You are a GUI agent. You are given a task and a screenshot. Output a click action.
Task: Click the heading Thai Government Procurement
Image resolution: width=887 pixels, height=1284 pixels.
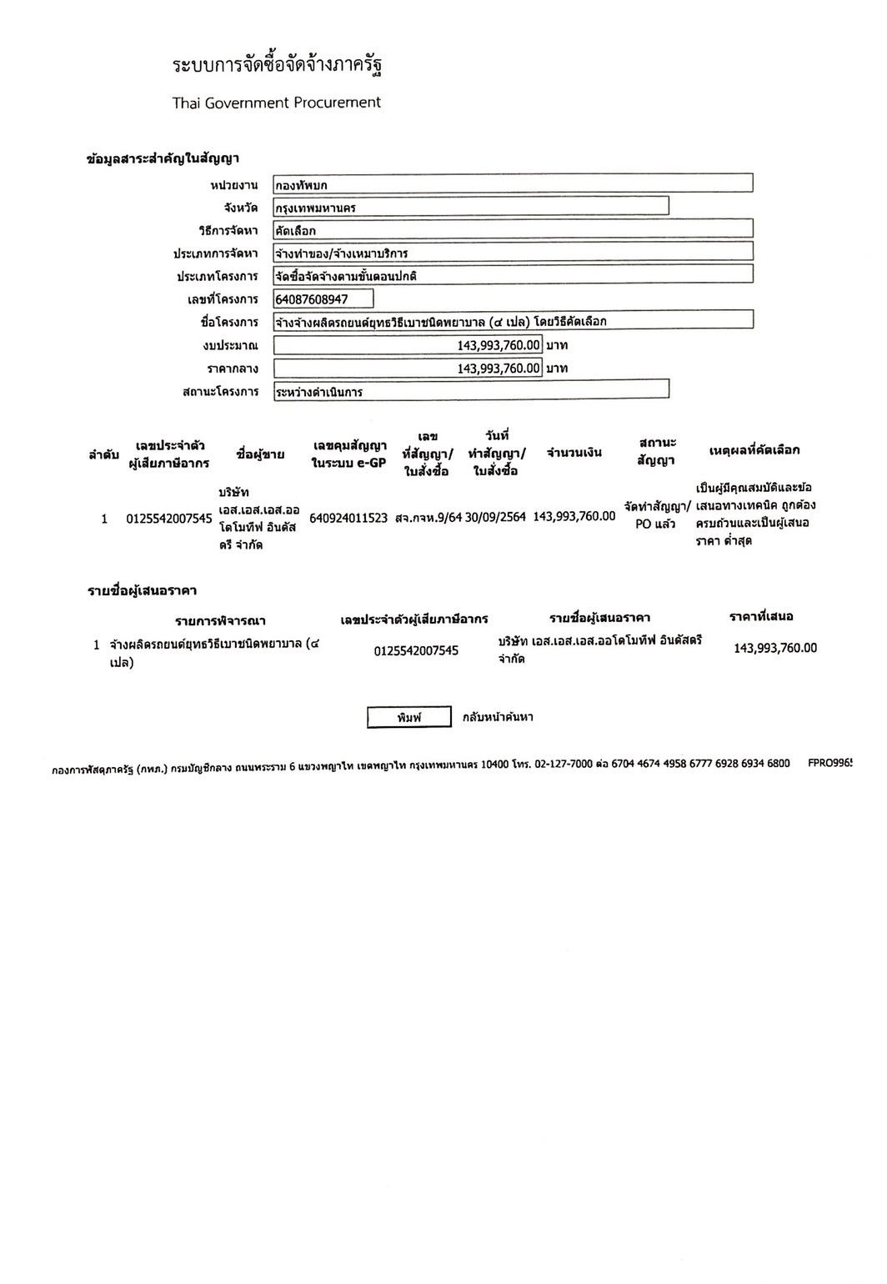coord(276,103)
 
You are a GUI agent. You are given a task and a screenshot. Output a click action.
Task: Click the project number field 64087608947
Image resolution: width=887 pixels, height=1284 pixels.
coord(323,298)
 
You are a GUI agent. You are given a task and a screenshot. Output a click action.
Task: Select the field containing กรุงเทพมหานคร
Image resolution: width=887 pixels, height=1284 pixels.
coord(471,207)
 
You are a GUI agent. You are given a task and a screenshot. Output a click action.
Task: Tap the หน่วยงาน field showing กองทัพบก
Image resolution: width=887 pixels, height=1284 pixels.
coord(513,184)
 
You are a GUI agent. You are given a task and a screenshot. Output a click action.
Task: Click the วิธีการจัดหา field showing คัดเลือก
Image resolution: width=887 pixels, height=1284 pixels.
coord(513,229)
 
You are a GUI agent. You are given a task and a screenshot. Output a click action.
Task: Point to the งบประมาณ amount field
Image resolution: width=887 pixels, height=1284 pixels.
coord(408,344)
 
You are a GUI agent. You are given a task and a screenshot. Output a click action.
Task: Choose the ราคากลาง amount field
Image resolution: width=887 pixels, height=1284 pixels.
coord(408,368)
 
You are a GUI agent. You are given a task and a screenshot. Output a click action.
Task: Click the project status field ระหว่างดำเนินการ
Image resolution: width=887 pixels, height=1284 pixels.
coord(471,390)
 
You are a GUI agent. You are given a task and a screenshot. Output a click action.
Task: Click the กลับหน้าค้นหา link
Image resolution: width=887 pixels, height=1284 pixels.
coord(498,717)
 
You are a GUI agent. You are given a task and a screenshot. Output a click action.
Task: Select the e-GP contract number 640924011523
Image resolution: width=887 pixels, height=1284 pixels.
coord(348,518)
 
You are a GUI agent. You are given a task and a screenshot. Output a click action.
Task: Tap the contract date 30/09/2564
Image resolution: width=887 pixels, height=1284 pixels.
coord(495,517)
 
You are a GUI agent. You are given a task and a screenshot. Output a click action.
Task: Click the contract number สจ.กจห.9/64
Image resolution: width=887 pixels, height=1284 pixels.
coord(428,518)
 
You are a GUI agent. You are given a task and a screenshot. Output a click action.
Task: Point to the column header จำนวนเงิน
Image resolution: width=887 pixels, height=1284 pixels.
coord(574,453)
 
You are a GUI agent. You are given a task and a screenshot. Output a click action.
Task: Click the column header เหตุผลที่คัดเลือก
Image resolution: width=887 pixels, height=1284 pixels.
coord(754,450)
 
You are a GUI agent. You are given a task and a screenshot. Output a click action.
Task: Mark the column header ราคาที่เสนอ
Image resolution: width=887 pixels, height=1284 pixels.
coord(761,616)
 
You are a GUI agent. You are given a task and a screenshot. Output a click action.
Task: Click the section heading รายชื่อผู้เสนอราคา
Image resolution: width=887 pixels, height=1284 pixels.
coord(142,591)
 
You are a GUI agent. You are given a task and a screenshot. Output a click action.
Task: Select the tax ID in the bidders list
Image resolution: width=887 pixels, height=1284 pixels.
coord(416,650)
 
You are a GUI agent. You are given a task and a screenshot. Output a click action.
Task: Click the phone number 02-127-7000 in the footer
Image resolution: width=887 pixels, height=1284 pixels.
coord(564,763)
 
